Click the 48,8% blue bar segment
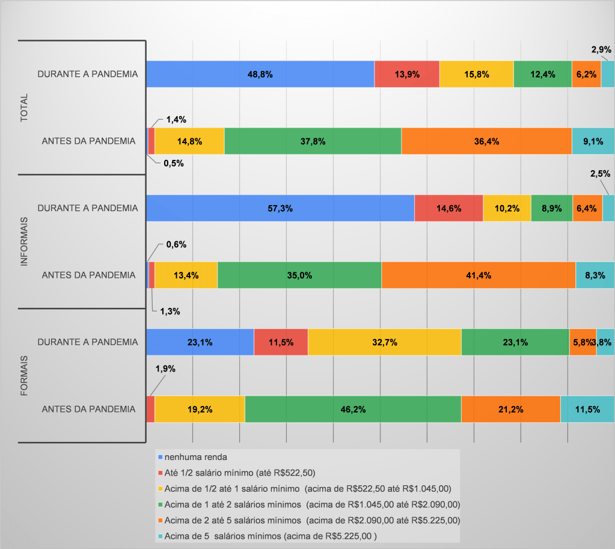[260, 75]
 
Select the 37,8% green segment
[313, 141]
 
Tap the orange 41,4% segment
[478, 275]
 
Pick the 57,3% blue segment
[280, 209]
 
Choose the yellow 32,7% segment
[384, 342]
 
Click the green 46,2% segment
[353, 409]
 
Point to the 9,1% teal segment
[593, 141]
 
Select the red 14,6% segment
[448, 209]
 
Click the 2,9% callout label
[601, 50]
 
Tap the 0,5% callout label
[173, 162]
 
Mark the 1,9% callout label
[165, 369]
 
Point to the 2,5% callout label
[601, 174]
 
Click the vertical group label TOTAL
[25, 108]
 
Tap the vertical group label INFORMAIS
[25, 241]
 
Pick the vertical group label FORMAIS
[25, 375]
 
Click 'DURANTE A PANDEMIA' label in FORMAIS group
[88, 342]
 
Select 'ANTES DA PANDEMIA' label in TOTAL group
[88, 141]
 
